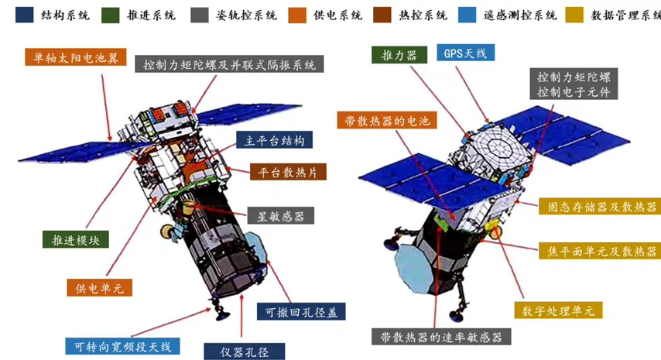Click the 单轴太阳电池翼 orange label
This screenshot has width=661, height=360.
pyautogui.click(x=75, y=57)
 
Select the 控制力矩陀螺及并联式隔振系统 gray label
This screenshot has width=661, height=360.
pyautogui.click(x=229, y=64)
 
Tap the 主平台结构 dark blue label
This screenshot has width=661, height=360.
pyautogui.click(x=275, y=140)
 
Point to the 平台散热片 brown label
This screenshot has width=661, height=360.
pyautogui.click(x=289, y=172)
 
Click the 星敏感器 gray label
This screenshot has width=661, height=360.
pyautogui.click(x=281, y=216)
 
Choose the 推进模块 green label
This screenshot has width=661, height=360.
pyautogui.click(x=76, y=239)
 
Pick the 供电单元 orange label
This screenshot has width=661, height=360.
pyautogui.click(x=100, y=287)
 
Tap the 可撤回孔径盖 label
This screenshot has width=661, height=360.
pyautogui.click(x=301, y=311)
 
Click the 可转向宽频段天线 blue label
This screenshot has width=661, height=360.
pyautogui.click(x=122, y=346)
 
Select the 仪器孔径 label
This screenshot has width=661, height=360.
pyautogui.click(x=245, y=351)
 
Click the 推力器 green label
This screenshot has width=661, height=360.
pyautogui.click(x=399, y=55)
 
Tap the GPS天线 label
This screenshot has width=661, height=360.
pyautogui.click(x=465, y=53)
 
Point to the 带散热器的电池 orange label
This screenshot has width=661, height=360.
pyautogui.click(x=387, y=120)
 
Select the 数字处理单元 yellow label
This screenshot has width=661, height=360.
pyautogui.click(x=558, y=310)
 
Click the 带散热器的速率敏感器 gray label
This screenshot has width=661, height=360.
pyautogui.click(x=441, y=337)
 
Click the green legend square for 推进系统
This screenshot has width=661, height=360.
pyautogui.click(x=111, y=15)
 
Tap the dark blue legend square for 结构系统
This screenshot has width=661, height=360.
pyautogui.click(x=25, y=15)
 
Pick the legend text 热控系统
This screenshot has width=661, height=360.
pyautogui.click(x=423, y=15)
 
